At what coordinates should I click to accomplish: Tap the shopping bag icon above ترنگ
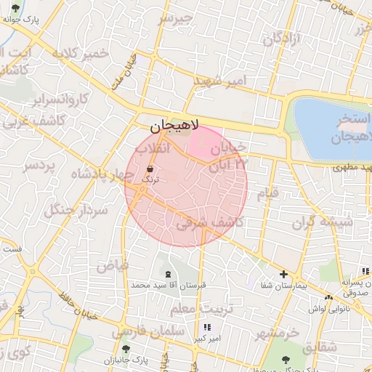(x=149, y=169)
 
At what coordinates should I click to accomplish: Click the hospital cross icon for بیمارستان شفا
(x=284, y=275)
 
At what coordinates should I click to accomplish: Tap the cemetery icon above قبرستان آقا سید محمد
(x=169, y=274)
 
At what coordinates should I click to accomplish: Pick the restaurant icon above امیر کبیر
(x=207, y=328)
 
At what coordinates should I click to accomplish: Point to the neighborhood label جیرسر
(x=177, y=17)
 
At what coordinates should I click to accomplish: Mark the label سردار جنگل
(x=76, y=211)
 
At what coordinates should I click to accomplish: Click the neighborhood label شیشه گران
(x=322, y=222)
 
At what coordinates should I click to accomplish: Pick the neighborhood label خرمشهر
(x=276, y=333)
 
